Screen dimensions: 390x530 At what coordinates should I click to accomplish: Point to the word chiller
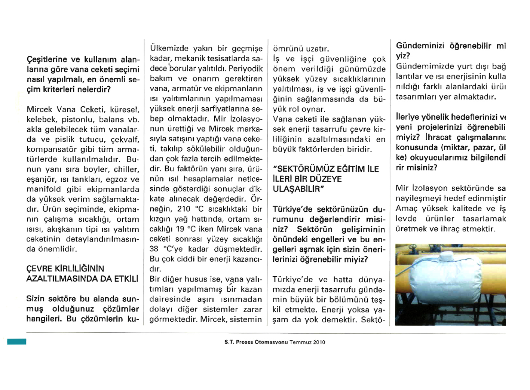126,170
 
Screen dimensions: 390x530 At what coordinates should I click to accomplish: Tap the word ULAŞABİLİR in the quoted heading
296,189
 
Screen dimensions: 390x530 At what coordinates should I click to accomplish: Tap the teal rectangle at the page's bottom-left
16,341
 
